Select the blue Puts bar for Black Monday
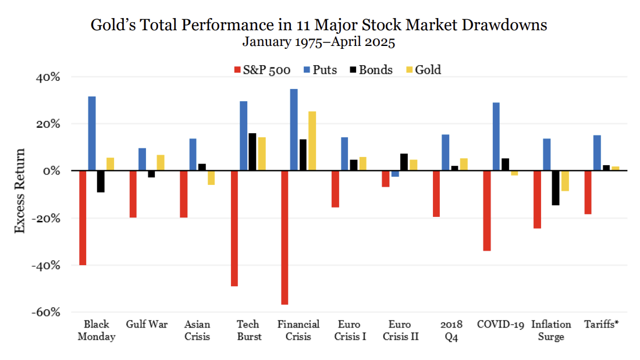tap(92, 133)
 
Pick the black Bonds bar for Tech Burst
tap(252, 152)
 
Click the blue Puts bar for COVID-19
tap(496, 137)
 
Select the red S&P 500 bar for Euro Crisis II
tap(385, 179)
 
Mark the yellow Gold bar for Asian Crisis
tap(211, 178)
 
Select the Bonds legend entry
tap(370, 70)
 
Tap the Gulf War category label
tap(143, 324)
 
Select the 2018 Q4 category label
tap(451, 330)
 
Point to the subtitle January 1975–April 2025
tap(318, 42)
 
